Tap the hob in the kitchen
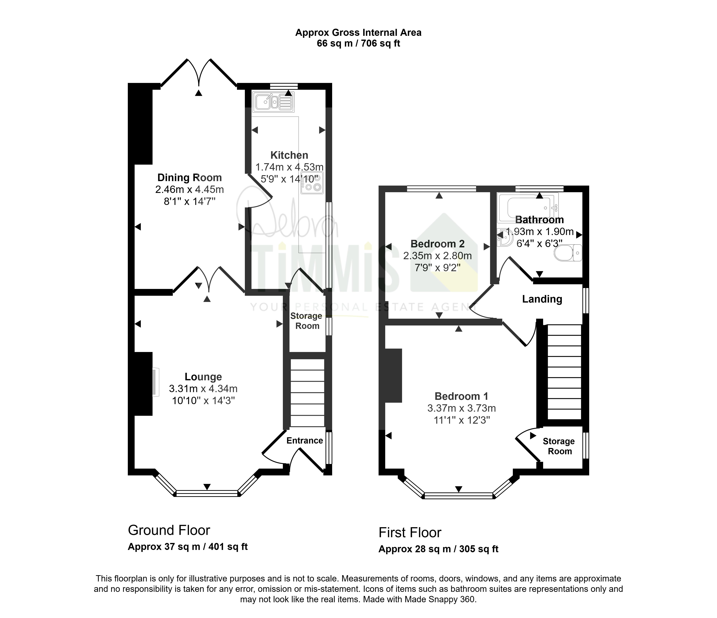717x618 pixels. point(312,182)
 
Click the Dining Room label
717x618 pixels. point(190,178)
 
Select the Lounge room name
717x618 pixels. point(203,377)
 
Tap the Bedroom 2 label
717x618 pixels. point(437,244)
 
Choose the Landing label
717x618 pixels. point(542,299)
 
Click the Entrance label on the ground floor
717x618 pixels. point(305,441)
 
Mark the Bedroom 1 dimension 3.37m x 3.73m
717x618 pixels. point(462,408)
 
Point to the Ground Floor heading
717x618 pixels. point(169,530)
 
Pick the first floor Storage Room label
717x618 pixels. point(559,446)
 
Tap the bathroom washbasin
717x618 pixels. point(505,237)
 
